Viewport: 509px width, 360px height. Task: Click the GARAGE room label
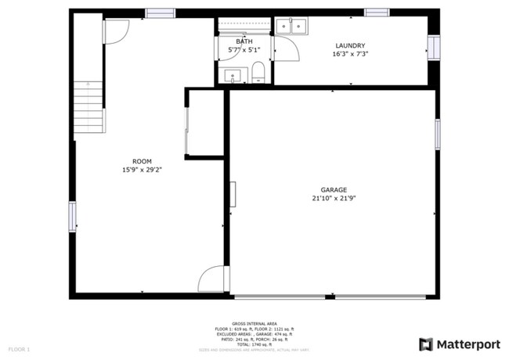pyautogui.click(x=334, y=189)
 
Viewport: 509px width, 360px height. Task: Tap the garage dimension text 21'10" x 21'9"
pyautogui.click(x=334, y=199)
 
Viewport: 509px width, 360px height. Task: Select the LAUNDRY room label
pyautogui.click(x=350, y=45)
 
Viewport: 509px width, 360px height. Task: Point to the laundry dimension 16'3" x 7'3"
pyautogui.click(x=350, y=55)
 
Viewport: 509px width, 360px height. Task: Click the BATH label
pyautogui.click(x=244, y=41)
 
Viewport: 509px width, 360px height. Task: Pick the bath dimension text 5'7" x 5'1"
pyautogui.click(x=244, y=50)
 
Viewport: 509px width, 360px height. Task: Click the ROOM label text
pyautogui.click(x=142, y=161)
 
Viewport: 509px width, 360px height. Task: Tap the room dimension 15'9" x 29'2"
pyautogui.click(x=142, y=170)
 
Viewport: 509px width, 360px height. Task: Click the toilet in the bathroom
pyautogui.click(x=257, y=75)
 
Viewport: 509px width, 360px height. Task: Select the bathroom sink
pyautogui.click(x=233, y=76)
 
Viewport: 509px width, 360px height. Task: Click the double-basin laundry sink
pyautogui.click(x=291, y=27)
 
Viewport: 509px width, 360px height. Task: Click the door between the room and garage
pyautogui.click(x=212, y=279)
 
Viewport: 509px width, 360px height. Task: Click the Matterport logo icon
pyautogui.click(x=425, y=344)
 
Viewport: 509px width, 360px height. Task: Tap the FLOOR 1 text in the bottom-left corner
pyautogui.click(x=19, y=348)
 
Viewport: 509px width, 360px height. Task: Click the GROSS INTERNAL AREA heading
pyautogui.click(x=254, y=322)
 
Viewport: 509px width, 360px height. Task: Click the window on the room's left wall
pyautogui.click(x=72, y=216)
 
